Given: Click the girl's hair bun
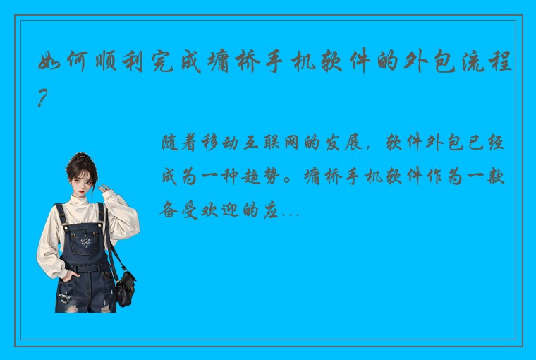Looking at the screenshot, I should pyautogui.click(x=83, y=157).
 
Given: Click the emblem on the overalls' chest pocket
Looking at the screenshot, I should pyautogui.click(x=85, y=242).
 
